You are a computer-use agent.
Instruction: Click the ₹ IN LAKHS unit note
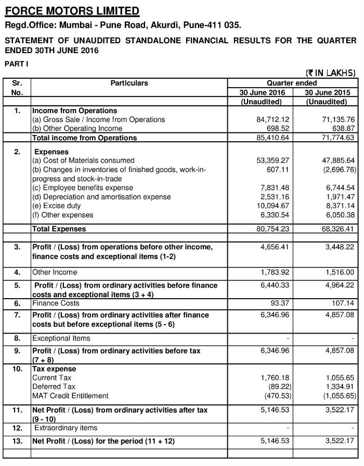pyautogui.click(x=331, y=73)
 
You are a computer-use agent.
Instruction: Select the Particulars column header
pyautogui.click(x=129, y=83)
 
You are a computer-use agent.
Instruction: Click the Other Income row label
pyautogui.click(x=55, y=272)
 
